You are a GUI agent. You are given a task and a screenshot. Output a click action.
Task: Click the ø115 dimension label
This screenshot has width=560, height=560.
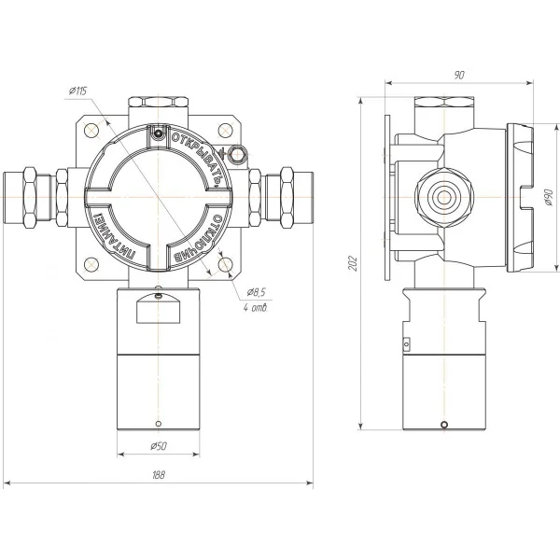77,91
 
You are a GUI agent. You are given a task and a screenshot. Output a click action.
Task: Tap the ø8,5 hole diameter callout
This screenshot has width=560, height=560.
256,292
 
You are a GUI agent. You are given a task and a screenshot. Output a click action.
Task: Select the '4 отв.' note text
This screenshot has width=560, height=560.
255,307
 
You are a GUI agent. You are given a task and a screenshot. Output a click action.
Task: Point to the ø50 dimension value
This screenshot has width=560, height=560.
159,446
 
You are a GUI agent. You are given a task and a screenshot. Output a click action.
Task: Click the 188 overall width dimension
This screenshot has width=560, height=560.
159,475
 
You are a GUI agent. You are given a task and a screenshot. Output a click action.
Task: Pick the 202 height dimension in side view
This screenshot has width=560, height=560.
353,263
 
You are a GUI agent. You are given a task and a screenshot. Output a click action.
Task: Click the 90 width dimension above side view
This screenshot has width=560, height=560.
459,76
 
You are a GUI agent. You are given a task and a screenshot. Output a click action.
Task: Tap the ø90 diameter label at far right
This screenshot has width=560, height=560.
549,198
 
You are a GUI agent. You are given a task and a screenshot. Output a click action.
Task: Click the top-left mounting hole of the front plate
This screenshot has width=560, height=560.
91,130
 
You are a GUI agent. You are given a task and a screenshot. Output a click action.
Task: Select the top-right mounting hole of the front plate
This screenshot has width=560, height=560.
225,130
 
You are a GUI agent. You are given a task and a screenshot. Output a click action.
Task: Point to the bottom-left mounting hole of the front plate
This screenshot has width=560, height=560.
91,265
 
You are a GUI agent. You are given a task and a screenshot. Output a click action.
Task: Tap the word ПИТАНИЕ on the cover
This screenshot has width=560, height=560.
114,238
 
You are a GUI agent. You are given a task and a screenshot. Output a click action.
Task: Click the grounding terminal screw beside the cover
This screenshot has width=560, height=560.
237,155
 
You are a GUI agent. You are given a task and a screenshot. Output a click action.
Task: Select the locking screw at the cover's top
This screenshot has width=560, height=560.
158,133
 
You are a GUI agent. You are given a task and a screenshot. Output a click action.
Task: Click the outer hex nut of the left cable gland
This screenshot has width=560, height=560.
30,198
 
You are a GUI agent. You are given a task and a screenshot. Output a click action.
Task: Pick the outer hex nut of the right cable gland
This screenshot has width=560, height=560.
287,198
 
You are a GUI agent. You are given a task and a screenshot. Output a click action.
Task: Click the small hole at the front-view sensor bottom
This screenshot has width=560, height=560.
159,424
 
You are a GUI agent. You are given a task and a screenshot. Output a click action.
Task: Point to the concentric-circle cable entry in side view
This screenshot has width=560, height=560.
444,198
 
